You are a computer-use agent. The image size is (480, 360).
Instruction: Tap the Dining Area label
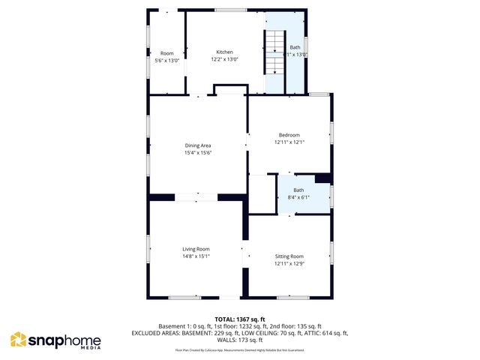coord(199,145)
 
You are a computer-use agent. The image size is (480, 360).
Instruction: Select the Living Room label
coord(196,249)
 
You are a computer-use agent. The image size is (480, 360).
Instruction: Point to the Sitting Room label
coord(289,256)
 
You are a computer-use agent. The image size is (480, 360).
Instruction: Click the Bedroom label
coord(289,134)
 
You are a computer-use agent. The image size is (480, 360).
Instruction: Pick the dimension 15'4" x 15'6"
coord(199,153)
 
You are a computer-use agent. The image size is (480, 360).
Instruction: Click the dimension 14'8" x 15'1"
coord(196,256)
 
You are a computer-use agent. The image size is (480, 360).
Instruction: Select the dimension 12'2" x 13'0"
coord(223,59)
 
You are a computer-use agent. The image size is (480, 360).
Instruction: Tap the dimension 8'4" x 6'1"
coord(298,197)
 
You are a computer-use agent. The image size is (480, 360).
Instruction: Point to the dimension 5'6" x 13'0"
coord(166,60)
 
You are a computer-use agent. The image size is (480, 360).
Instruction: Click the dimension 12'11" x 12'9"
coord(289,263)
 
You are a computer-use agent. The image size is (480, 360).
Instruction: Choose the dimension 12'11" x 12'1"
coord(289,142)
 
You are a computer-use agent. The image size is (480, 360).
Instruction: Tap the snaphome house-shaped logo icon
coord(18,340)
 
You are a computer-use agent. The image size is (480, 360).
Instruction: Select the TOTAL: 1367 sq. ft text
coord(240,319)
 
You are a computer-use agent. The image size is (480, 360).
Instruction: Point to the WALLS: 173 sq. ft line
coord(240,340)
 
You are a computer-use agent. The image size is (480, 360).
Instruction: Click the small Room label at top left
coord(166,52)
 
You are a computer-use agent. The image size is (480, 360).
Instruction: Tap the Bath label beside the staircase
coord(295,47)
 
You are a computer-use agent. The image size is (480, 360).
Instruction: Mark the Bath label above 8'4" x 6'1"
coord(298,190)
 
